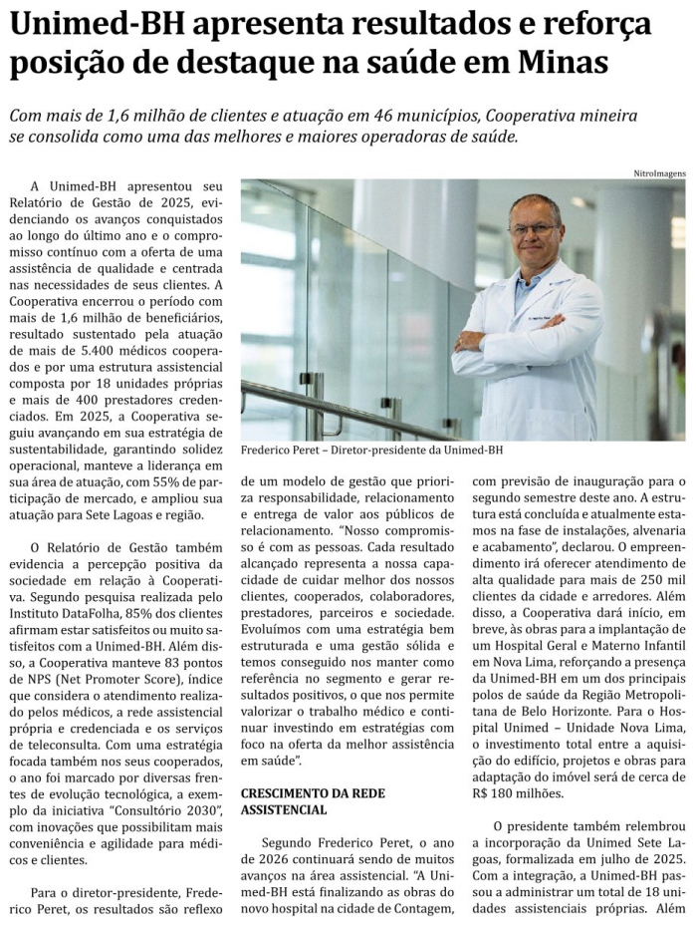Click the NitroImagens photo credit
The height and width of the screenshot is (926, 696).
pos(659,172)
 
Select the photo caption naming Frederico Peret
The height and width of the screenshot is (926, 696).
pos(371,450)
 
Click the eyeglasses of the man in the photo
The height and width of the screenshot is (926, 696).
pos(535,230)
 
